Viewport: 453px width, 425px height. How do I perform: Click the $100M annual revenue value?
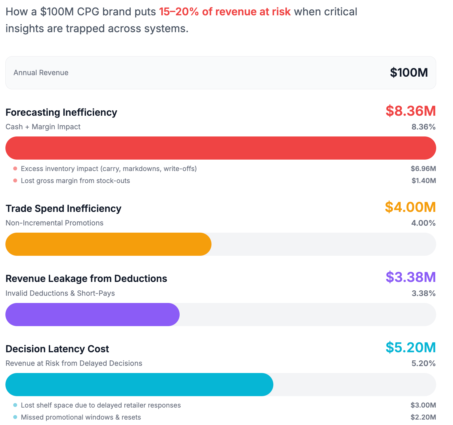click(x=409, y=73)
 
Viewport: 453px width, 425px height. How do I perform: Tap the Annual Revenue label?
click(x=41, y=73)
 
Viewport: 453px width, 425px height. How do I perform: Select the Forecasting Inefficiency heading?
click(x=61, y=112)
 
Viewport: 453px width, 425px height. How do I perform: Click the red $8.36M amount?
click(x=410, y=111)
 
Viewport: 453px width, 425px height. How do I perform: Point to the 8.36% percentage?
click(x=423, y=127)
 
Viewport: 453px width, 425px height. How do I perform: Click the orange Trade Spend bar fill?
click(x=108, y=244)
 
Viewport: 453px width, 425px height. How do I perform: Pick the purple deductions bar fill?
click(x=92, y=314)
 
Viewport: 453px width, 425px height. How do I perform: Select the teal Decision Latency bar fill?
click(x=139, y=384)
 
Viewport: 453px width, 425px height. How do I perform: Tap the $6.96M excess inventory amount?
click(x=423, y=169)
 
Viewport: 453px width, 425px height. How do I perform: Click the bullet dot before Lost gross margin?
click(x=15, y=181)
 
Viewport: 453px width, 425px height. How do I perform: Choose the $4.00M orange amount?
click(x=410, y=207)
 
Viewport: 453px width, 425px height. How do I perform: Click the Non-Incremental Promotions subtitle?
click(x=54, y=223)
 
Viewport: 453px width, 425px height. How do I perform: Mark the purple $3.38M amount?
click(x=410, y=277)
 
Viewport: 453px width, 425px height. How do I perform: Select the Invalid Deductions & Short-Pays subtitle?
click(x=60, y=293)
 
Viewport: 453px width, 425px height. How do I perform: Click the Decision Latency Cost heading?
click(x=57, y=349)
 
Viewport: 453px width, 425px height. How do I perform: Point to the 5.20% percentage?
click(x=423, y=364)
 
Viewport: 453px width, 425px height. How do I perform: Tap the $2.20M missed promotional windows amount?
click(x=423, y=417)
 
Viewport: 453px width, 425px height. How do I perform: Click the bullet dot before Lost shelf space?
click(x=15, y=405)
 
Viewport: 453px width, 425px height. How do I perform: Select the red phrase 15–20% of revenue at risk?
click(x=225, y=12)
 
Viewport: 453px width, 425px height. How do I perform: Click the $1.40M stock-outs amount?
click(x=424, y=181)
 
